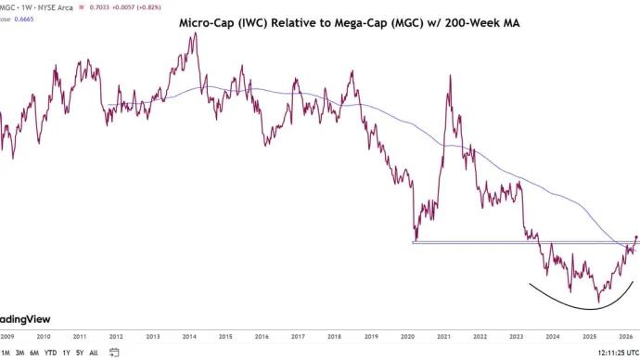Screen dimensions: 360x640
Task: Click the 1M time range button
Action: (6, 353)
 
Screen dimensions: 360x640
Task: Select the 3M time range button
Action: (20, 353)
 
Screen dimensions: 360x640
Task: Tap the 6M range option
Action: (34, 353)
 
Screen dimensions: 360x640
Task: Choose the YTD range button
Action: (50, 353)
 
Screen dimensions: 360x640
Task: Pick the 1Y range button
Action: (67, 353)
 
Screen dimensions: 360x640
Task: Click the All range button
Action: (94, 353)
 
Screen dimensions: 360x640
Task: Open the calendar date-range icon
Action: (114, 353)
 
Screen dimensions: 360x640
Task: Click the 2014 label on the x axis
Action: (188, 337)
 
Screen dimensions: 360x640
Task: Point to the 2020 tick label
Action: (407, 337)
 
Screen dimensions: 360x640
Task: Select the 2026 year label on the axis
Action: (625, 337)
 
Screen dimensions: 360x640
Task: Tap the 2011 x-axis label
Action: (80, 337)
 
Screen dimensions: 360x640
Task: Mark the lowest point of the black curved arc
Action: (580, 309)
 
